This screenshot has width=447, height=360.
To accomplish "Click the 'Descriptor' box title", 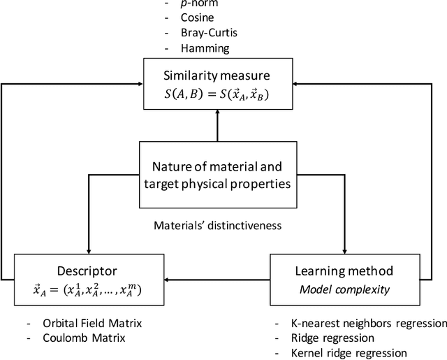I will click(x=89, y=270).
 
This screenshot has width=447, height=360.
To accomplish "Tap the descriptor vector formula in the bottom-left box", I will click(x=89, y=289).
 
